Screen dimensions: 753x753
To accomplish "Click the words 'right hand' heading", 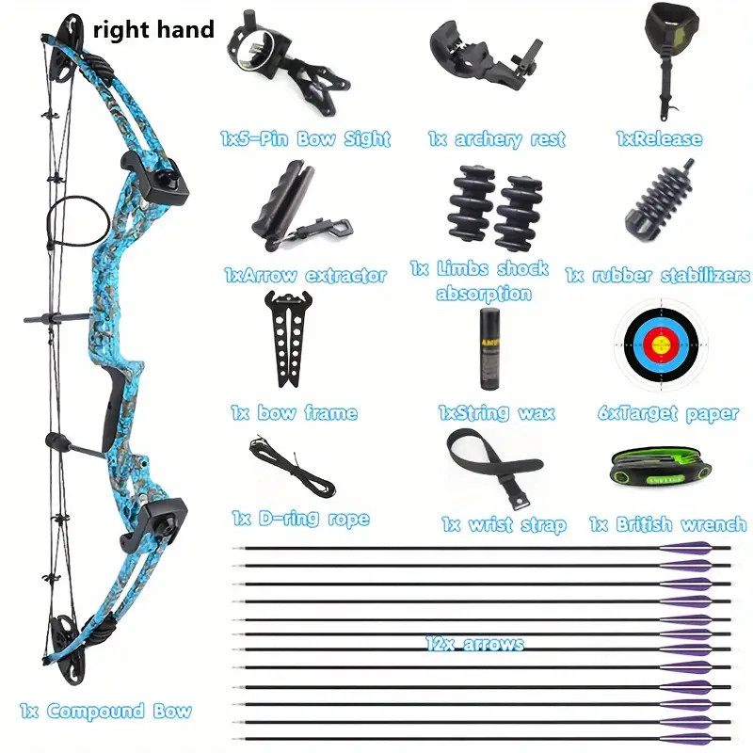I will coord(153,30).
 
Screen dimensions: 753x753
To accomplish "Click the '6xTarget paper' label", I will coord(667,412).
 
